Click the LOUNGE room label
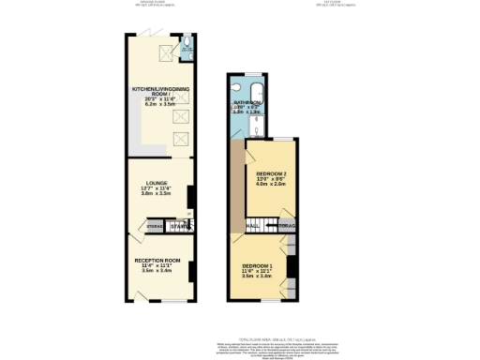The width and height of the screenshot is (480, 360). [157, 184]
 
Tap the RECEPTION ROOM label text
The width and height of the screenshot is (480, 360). [157, 260]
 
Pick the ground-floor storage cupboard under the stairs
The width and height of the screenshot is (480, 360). [156, 226]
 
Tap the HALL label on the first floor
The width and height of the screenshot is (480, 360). [253, 226]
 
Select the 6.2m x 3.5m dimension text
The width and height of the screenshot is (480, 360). [157, 106]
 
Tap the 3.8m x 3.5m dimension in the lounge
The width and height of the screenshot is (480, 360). [157, 197]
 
